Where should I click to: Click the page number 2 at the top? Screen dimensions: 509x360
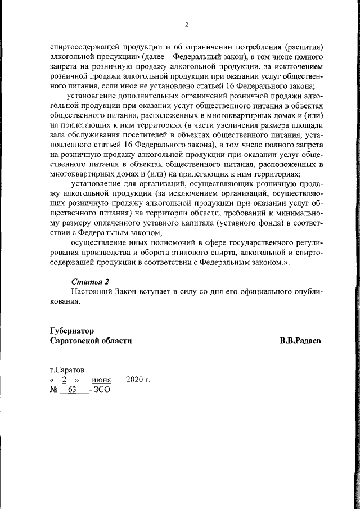[x=186, y=25]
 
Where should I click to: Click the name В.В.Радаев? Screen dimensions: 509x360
[x=301, y=341]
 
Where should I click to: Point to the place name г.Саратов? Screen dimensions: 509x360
[x=67, y=370]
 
